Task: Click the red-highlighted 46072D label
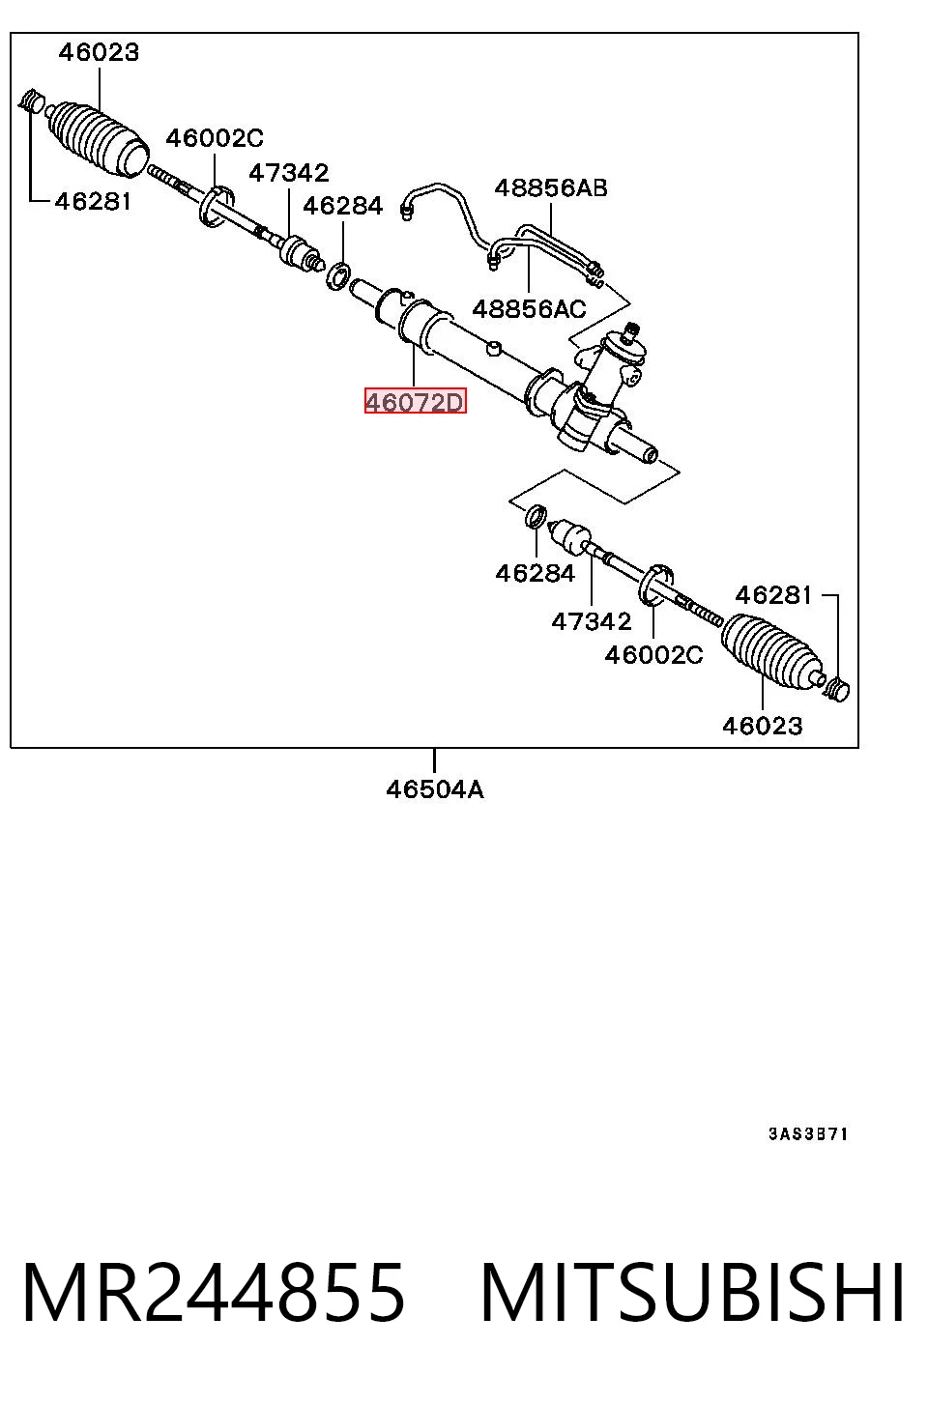coord(416,402)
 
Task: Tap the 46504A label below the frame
coord(435,789)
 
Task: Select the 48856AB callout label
coord(551,187)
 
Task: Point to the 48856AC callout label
coord(529,309)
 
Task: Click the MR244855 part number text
coord(214,1293)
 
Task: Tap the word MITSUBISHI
coord(692,1293)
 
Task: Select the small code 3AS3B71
coord(808,1133)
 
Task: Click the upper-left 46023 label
coord(99,52)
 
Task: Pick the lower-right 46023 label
coord(763,726)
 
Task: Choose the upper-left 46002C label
coord(215,138)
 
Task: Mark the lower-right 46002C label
coord(653,655)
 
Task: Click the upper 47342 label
coord(289,173)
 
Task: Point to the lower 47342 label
coord(592,621)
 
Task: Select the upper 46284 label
coord(343,206)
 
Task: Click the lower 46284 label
coord(536,573)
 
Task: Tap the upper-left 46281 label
coord(94,202)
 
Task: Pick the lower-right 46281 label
coord(774,595)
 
